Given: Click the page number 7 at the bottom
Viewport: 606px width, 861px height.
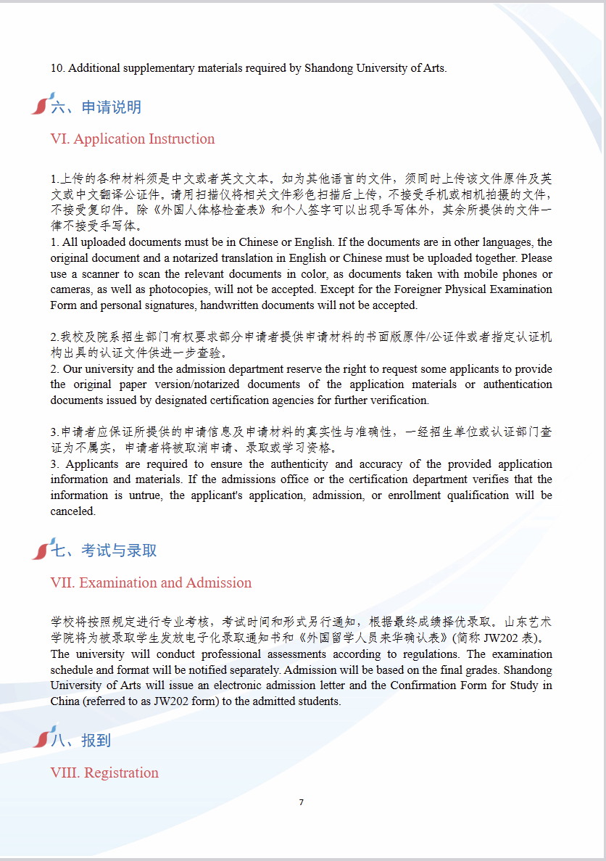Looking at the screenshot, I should coord(301,802).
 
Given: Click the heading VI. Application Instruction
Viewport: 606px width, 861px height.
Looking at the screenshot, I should coord(133,139).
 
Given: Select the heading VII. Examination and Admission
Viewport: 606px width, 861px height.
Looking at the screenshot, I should coord(151,582).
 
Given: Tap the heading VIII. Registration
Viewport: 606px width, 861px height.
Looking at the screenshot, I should coord(104,773).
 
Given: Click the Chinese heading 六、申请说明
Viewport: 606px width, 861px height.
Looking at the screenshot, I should coord(96,107).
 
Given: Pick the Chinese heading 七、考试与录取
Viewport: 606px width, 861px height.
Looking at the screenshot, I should coord(104,551).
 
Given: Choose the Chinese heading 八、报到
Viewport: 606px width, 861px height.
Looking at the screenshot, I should coord(80,741).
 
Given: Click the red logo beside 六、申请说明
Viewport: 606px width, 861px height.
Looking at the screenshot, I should coord(41,104).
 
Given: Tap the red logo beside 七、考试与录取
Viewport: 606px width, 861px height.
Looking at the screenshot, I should coord(41,548).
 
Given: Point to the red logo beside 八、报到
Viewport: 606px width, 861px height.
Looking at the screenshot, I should coord(41,738).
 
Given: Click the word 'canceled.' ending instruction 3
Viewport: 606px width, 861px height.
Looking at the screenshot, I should coord(72,511).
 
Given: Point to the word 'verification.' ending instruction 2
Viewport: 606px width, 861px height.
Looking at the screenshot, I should coord(399,400).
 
